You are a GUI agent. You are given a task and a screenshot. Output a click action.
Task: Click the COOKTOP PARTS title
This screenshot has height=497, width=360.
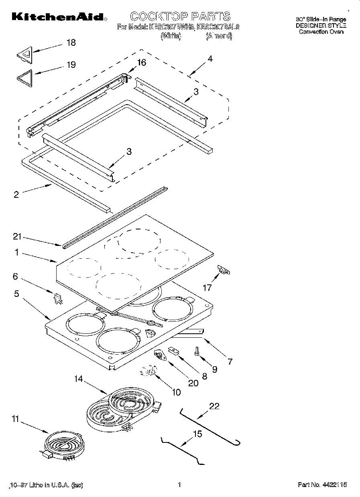(x=180, y=16)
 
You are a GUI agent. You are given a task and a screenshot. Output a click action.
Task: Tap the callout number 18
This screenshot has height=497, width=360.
(x=71, y=43)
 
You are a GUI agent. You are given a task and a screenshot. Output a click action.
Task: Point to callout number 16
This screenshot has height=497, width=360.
(x=141, y=63)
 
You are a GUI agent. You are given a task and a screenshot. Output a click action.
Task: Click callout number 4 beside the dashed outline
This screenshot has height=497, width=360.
(x=209, y=59)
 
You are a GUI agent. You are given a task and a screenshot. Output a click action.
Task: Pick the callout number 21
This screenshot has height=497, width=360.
(x=16, y=237)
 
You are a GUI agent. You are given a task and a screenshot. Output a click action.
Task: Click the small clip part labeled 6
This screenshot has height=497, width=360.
(x=58, y=298)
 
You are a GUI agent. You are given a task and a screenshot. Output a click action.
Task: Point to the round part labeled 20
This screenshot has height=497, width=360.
(x=160, y=355)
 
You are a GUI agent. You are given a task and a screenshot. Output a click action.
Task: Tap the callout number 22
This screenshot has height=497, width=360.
(x=214, y=406)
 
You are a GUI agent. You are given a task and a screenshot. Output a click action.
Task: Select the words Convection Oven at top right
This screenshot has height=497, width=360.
(x=321, y=32)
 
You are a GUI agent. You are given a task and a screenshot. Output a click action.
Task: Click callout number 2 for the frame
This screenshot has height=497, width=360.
(x=16, y=195)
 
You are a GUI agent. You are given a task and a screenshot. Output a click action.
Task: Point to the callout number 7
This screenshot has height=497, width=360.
(x=230, y=361)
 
